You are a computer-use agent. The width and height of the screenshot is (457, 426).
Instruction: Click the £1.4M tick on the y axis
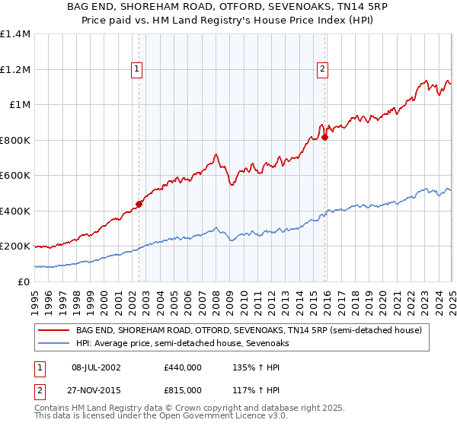(16, 34)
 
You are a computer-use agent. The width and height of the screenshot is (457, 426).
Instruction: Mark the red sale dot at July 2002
(139, 204)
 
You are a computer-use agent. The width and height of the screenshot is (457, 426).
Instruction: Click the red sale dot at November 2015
(324, 138)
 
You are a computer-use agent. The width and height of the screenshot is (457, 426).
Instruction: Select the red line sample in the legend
(53, 331)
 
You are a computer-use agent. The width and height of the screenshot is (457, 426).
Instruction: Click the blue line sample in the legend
(53, 343)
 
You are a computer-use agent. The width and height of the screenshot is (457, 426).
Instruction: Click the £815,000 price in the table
(182, 389)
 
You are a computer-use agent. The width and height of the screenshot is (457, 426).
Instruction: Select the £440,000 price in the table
(182, 367)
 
